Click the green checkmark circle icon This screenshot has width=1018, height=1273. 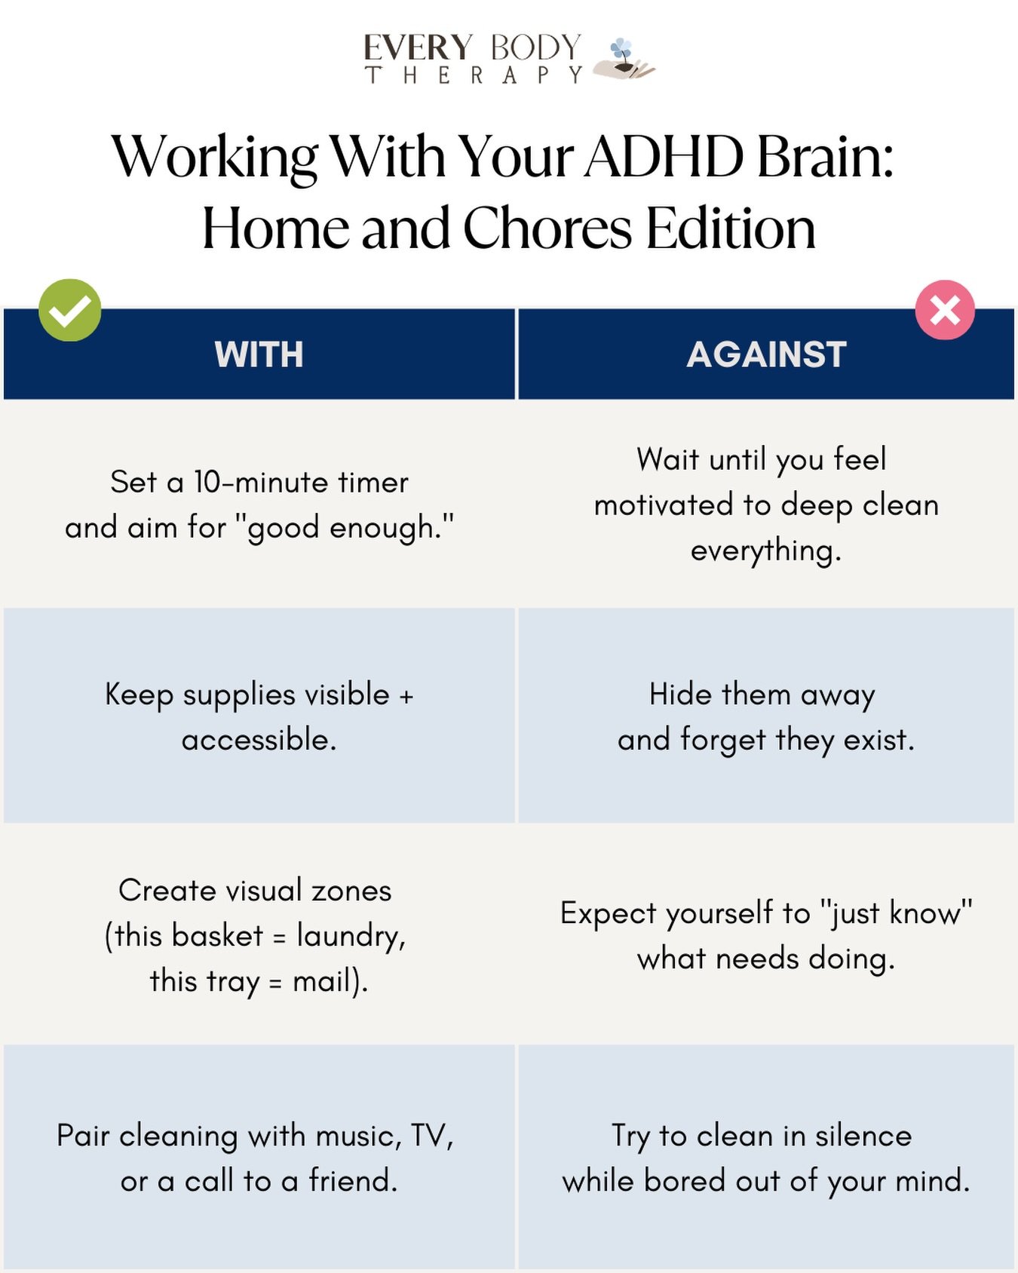pos(70,310)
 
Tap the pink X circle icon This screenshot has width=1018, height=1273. pos(945,310)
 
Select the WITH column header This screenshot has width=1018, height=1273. pos(259,354)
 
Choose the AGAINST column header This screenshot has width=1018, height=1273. pos(766,354)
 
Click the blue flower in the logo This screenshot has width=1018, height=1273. pos(621,50)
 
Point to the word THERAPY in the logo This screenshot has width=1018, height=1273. pos(474,75)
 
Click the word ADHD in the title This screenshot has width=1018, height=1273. pos(664,157)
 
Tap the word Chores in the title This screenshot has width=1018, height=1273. pos(547,228)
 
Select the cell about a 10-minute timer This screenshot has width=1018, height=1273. pos(259,504)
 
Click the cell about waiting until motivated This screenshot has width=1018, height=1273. pos(766,504)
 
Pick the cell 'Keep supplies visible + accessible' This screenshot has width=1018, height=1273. pos(259,716)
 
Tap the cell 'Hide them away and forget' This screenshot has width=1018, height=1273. pos(766,716)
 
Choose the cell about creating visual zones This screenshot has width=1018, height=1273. pos(259,935)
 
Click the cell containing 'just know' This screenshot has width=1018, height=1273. pos(766,935)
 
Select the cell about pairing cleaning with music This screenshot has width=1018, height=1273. pos(259,1158)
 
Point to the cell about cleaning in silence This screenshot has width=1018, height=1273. pos(766,1158)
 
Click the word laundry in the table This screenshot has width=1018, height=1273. pos(350,936)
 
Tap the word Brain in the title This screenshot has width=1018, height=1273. pos(825,157)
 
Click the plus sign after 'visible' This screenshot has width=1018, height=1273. pos(406,695)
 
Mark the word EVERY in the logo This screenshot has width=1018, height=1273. pos(418,48)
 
